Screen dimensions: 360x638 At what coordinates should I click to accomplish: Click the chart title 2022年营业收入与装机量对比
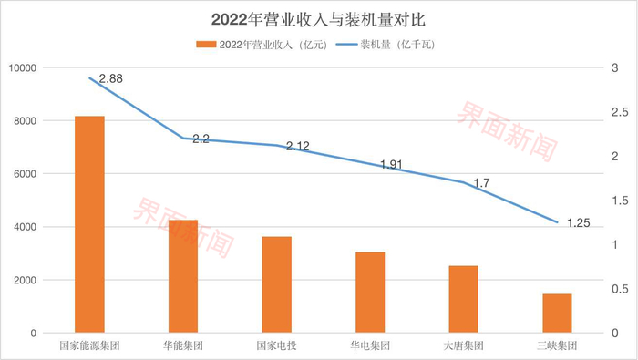[x=319, y=17]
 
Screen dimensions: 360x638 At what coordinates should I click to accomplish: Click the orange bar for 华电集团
[x=370, y=293]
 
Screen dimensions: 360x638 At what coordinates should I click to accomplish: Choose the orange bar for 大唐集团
[x=464, y=299]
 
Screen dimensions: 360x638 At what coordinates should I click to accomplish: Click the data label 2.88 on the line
[x=110, y=79]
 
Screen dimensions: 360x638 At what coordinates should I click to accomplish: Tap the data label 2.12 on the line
[x=297, y=146]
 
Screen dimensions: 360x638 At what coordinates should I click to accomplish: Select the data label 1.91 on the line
[x=390, y=165]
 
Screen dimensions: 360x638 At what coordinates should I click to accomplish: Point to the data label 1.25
[x=579, y=222]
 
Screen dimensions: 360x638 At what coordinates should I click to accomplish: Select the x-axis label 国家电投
[x=277, y=346]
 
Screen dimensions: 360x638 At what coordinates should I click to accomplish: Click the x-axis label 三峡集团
[x=557, y=346]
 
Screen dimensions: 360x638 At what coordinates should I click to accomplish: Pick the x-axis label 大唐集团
[x=464, y=346]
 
